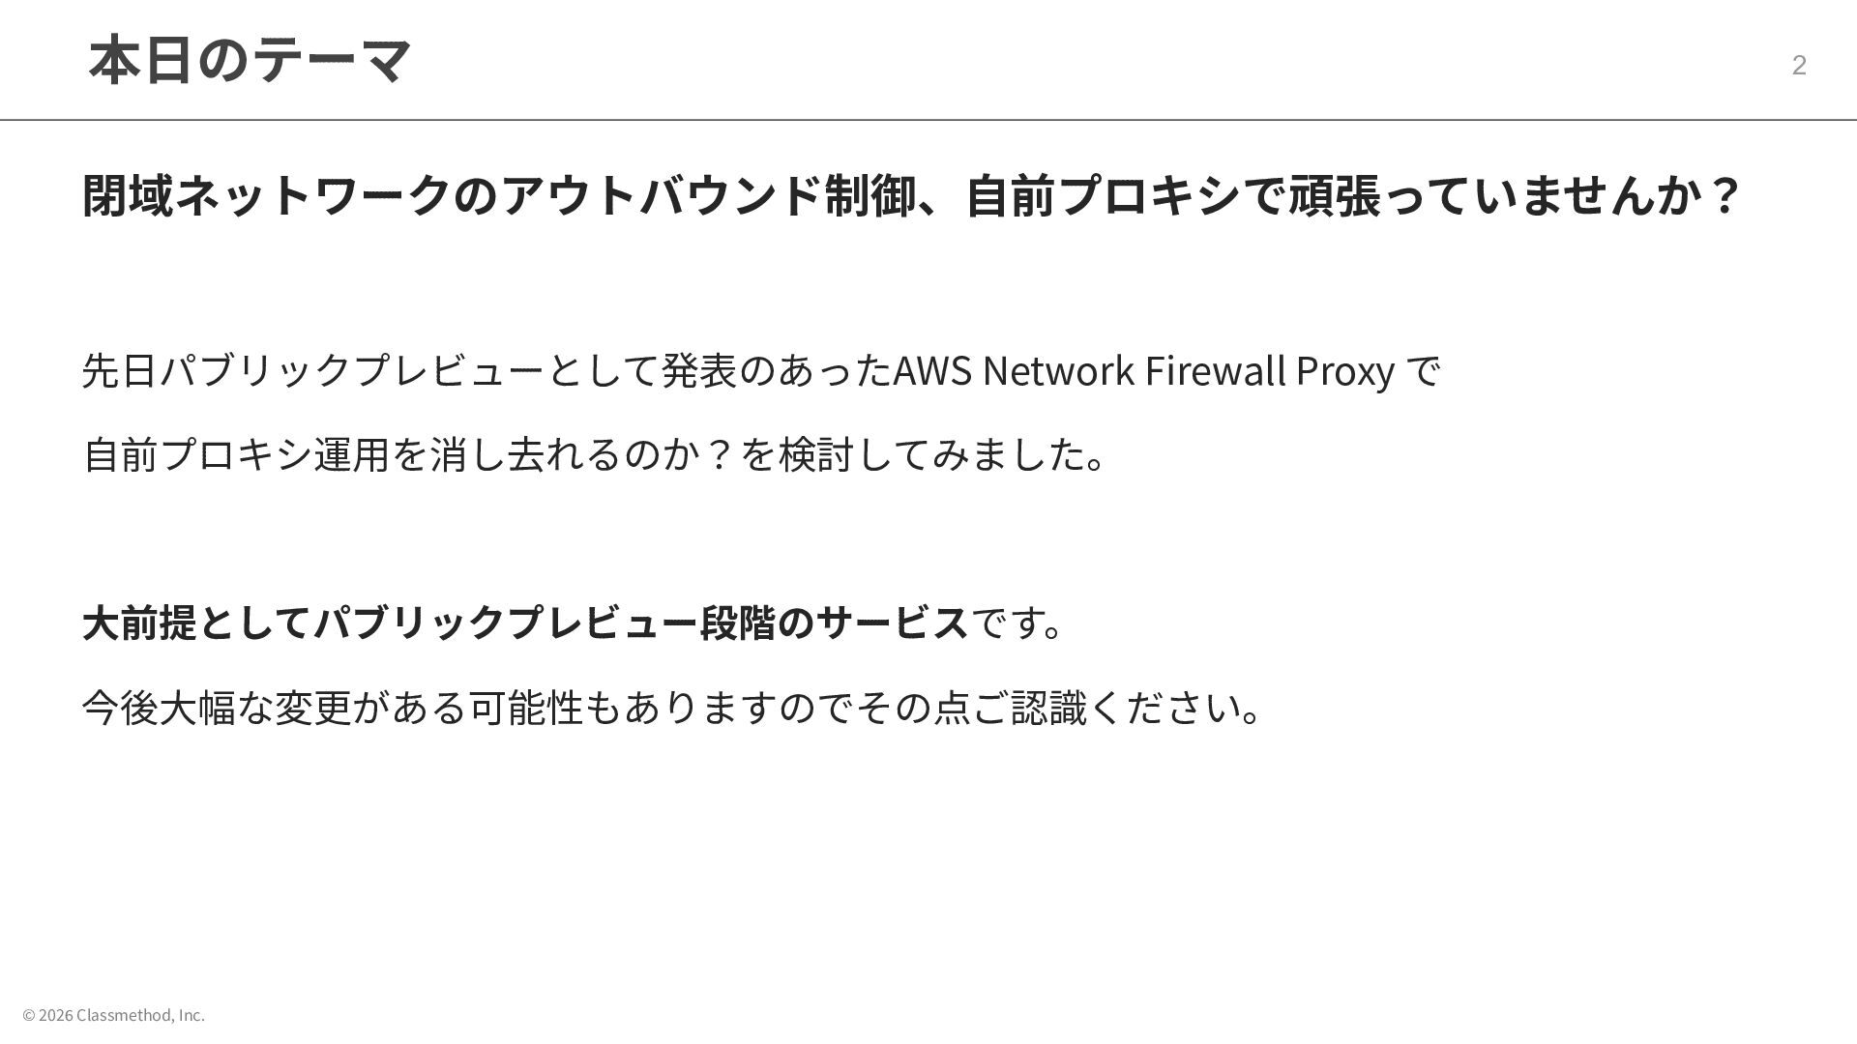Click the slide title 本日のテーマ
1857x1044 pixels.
tap(250, 60)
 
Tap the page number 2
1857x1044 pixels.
tap(1799, 65)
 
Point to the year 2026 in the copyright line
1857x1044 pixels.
tap(56, 1015)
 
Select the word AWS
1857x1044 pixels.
tap(931, 371)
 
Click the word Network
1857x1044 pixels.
tap(1058, 371)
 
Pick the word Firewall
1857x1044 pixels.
tap(1215, 371)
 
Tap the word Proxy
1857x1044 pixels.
tap(1344, 371)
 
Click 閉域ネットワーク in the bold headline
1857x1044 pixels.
tap(267, 195)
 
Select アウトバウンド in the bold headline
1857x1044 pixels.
tap(663, 195)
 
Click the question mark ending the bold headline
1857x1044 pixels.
tap(1724, 195)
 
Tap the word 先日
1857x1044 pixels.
tap(120, 371)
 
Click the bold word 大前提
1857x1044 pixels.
tap(140, 623)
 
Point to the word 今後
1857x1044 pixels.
tap(120, 708)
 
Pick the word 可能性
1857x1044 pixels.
tap(526, 708)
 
